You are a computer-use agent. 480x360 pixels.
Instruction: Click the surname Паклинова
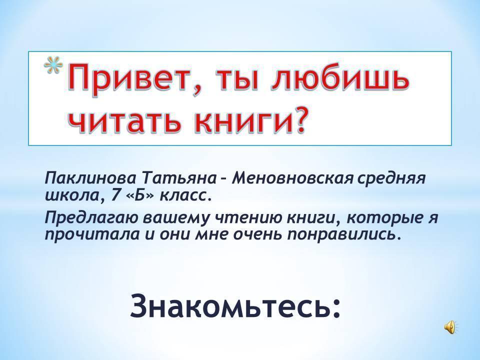point(90,178)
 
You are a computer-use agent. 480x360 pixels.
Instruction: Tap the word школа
point(73,195)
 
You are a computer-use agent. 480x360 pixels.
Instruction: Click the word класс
point(185,196)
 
